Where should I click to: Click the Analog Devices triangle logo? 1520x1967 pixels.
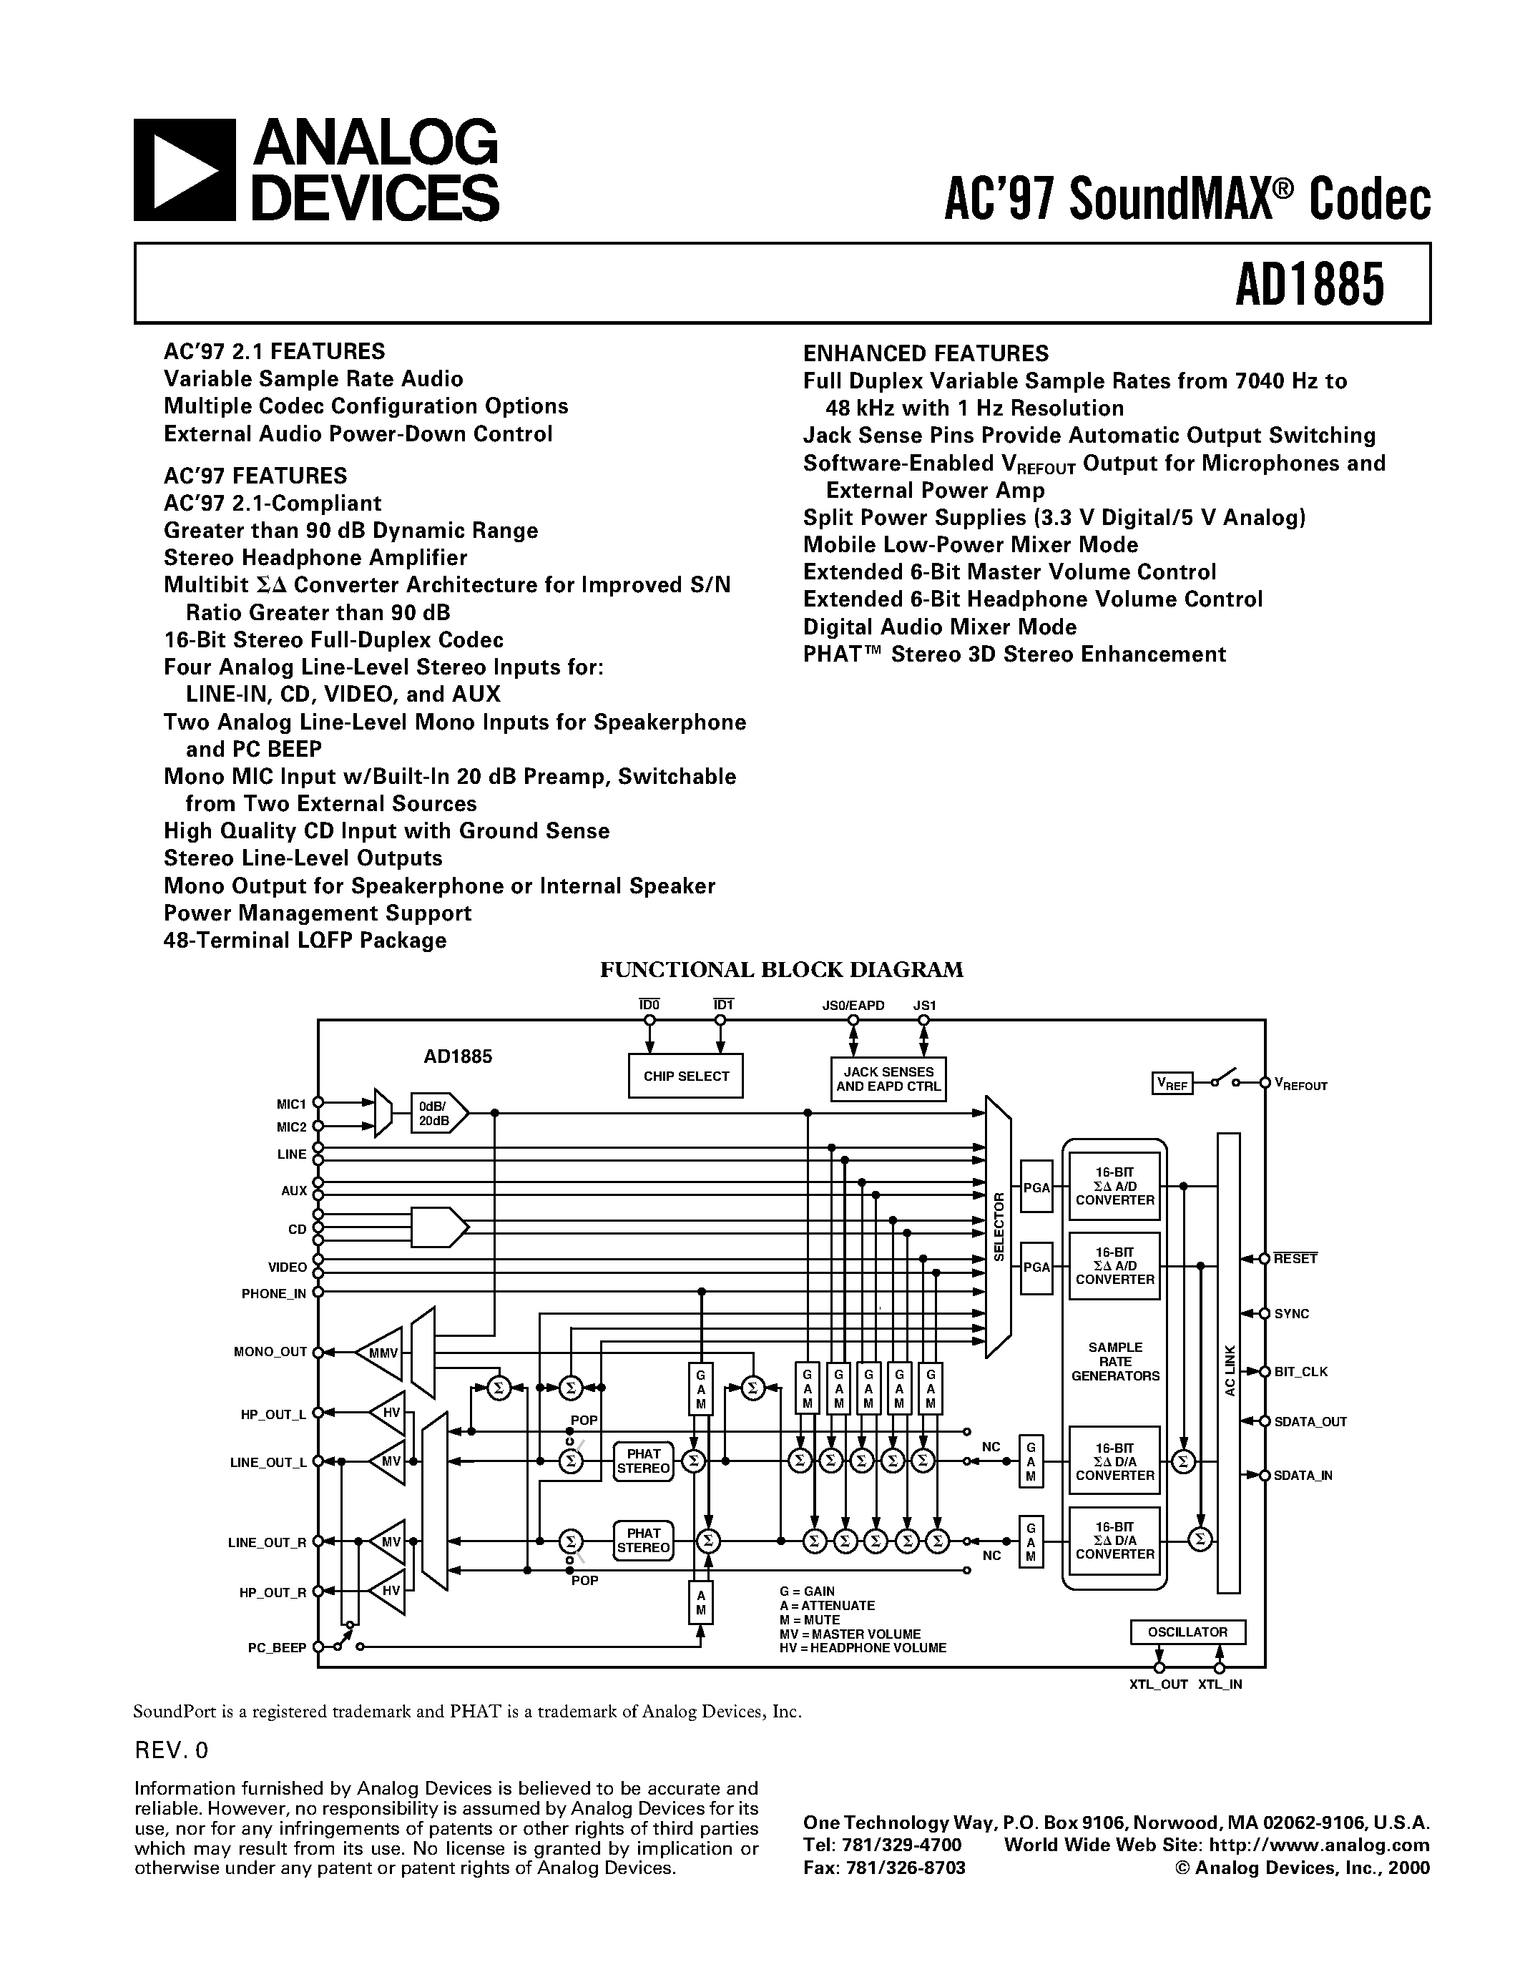[x=184, y=170]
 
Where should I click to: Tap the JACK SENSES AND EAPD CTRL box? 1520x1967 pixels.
[x=888, y=1079]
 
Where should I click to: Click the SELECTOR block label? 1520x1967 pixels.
[x=998, y=1227]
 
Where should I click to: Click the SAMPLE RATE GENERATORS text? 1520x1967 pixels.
[x=1115, y=1362]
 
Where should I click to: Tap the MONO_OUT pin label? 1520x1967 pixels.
[x=270, y=1352]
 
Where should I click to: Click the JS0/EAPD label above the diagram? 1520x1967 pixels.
[x=853, y=1005]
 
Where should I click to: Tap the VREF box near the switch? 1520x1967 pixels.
[x=1172, y=1084]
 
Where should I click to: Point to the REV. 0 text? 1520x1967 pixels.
[x=171, y=1751]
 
